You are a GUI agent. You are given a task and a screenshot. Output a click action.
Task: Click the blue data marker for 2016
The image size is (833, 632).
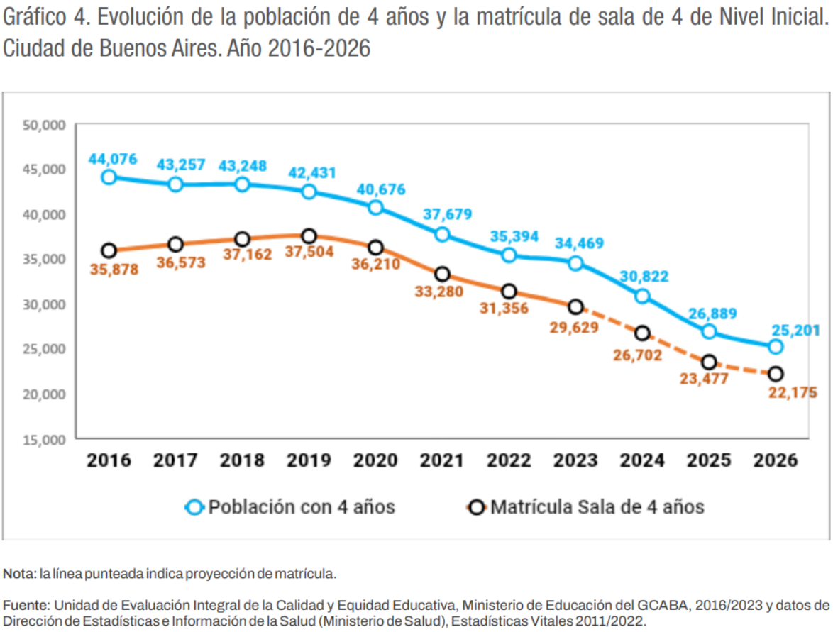[109, 177]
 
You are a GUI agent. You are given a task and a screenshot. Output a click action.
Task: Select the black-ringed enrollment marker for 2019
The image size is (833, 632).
[309, 235]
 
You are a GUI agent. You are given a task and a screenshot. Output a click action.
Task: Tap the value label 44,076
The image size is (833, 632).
[113, 158]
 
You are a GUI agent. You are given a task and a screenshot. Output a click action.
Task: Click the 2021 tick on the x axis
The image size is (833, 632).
[442, 460]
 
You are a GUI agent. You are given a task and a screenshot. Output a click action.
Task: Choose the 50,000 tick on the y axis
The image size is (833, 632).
[44, 125]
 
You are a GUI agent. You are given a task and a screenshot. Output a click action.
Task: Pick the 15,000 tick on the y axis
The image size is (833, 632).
[44, 439]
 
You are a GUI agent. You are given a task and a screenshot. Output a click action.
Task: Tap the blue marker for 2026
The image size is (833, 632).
[776, 346]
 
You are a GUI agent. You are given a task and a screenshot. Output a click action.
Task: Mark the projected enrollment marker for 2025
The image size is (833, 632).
[709, 362]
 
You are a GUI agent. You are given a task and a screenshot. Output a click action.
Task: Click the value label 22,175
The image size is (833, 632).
[793, 392]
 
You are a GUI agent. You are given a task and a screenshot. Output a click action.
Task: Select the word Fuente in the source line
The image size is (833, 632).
[26, 605]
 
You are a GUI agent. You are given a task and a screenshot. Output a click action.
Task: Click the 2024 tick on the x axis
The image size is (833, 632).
[642, 460]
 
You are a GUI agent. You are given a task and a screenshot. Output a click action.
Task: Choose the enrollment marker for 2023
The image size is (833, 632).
[575, 306]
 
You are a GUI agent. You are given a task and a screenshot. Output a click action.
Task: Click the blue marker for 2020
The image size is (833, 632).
[375, 207]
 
